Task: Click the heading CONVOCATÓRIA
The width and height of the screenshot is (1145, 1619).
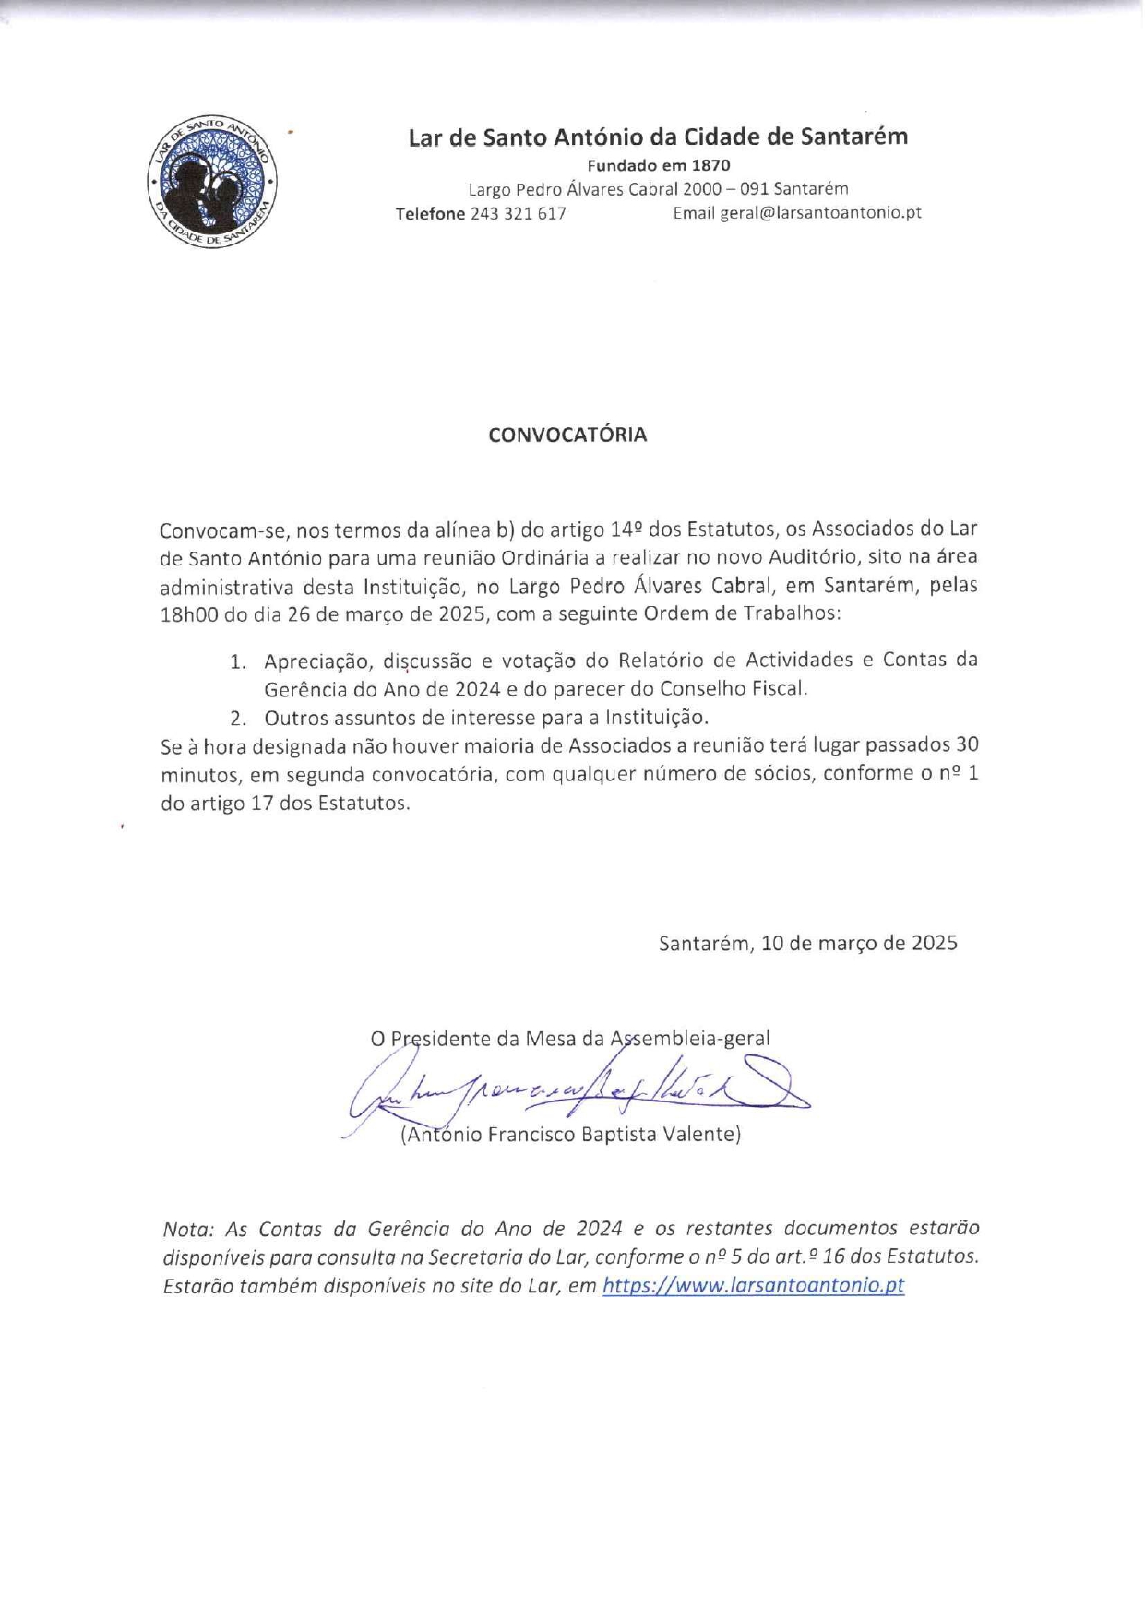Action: coord(567,435)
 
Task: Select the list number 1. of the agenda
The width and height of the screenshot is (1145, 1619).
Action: coord(239,661)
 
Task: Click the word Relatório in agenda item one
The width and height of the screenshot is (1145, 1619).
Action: coord(662,661)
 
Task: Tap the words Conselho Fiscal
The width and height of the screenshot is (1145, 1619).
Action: coord(750,689)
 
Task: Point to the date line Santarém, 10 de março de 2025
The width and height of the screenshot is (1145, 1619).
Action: coord(807,943)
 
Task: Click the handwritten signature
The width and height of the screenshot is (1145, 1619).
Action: coord(572,1093)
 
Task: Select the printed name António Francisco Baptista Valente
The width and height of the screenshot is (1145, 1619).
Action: coord(570,1135)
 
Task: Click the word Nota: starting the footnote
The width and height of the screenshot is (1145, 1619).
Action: coord(188,1229)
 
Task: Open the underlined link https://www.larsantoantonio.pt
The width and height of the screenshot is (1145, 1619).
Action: coord(753,1286)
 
